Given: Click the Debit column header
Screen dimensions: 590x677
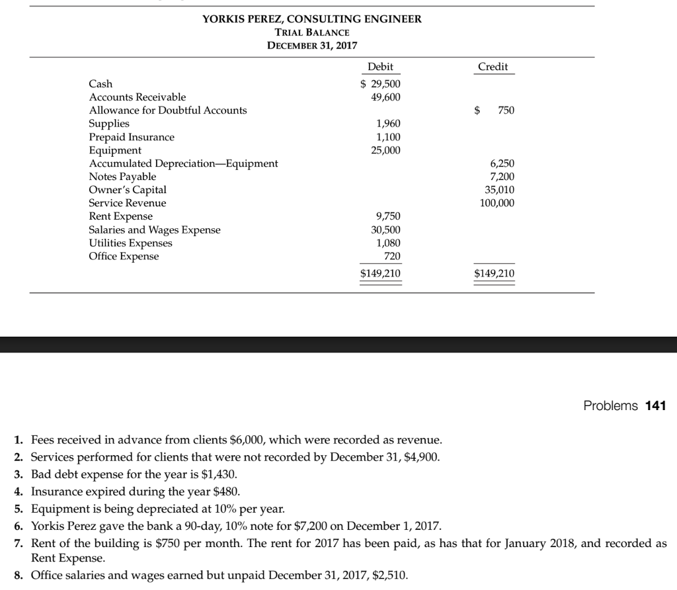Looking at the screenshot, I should (380, 67).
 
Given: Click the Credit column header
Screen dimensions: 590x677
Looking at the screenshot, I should (493, 67).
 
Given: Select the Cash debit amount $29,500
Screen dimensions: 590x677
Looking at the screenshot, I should (380, 84).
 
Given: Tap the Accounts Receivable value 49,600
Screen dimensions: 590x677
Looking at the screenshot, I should (385, 97).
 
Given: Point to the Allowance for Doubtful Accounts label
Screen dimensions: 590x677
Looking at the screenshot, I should (168, 110).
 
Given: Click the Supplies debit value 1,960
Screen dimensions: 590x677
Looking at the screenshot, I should (388, 124).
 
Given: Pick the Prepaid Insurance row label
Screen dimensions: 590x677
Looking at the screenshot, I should (132, 137).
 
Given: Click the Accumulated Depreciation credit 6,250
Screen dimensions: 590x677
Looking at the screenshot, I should (501, 163).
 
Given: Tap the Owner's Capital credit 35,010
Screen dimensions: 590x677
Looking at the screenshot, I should (499, 190).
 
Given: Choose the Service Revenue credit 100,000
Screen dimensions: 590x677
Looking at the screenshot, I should (497, 203).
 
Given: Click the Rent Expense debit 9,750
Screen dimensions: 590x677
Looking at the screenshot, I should (388, 216).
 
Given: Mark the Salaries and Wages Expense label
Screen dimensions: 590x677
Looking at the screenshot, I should (155, 230).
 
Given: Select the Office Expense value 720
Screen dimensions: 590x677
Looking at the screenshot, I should (392, 256).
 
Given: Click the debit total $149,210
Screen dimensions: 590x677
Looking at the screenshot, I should (380, 273).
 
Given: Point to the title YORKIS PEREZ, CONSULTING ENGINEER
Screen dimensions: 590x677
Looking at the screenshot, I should (311, 19).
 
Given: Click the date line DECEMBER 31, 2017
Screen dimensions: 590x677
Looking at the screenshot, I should (311, 46).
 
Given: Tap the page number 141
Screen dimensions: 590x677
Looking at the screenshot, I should (656, 405).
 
